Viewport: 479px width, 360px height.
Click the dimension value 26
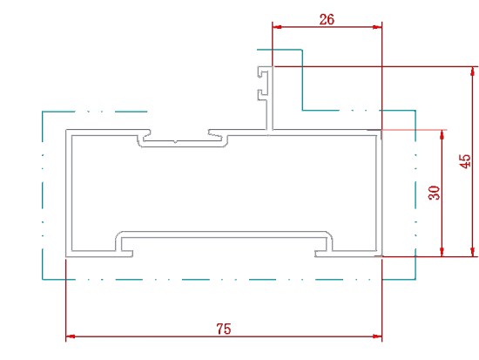327,19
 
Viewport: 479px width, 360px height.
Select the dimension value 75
224,329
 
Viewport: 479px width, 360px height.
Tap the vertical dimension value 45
465,161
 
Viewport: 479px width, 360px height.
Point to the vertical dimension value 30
434,193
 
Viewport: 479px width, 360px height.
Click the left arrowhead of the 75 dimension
71,336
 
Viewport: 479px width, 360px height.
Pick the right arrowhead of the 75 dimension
377,336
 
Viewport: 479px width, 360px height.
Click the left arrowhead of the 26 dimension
277,27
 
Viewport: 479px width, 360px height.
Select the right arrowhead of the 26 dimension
377,27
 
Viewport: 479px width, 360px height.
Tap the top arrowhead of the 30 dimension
442,134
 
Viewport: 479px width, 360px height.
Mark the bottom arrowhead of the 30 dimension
442,252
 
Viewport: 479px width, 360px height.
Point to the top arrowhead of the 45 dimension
473,71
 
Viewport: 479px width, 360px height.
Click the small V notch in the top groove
175,141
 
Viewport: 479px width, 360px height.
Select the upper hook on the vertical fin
262,72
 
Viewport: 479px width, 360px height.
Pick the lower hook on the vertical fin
262,94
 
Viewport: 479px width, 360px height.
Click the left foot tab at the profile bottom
127,254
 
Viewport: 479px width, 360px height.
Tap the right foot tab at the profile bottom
320,254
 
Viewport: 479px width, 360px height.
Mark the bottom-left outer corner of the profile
66,257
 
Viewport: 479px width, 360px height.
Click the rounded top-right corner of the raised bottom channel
330,234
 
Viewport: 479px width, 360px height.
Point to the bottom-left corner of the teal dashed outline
43,279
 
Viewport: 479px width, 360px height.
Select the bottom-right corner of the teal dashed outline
415,279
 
